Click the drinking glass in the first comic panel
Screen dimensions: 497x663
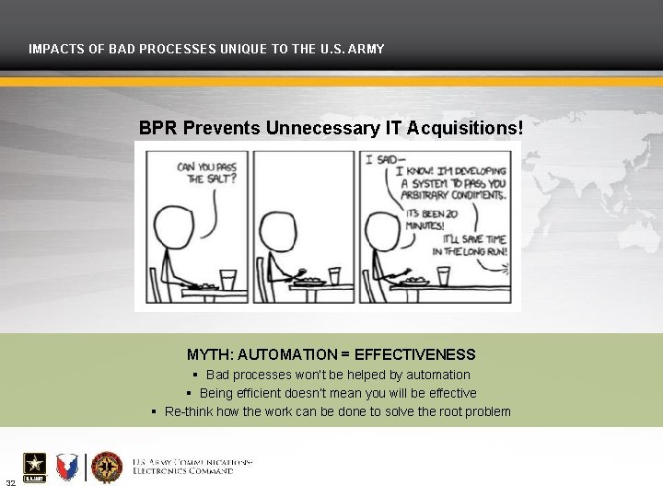pyautogui.click(x=227, y=278)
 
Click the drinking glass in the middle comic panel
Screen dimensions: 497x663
pyautogui.click(x=334, y=275)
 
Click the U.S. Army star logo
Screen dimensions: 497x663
pyautogui.click(x=34, y=467)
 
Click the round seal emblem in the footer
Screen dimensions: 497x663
pyautogui.click(x=107, y=468)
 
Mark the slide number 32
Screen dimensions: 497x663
pyautogui.click(x=10, y=483)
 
